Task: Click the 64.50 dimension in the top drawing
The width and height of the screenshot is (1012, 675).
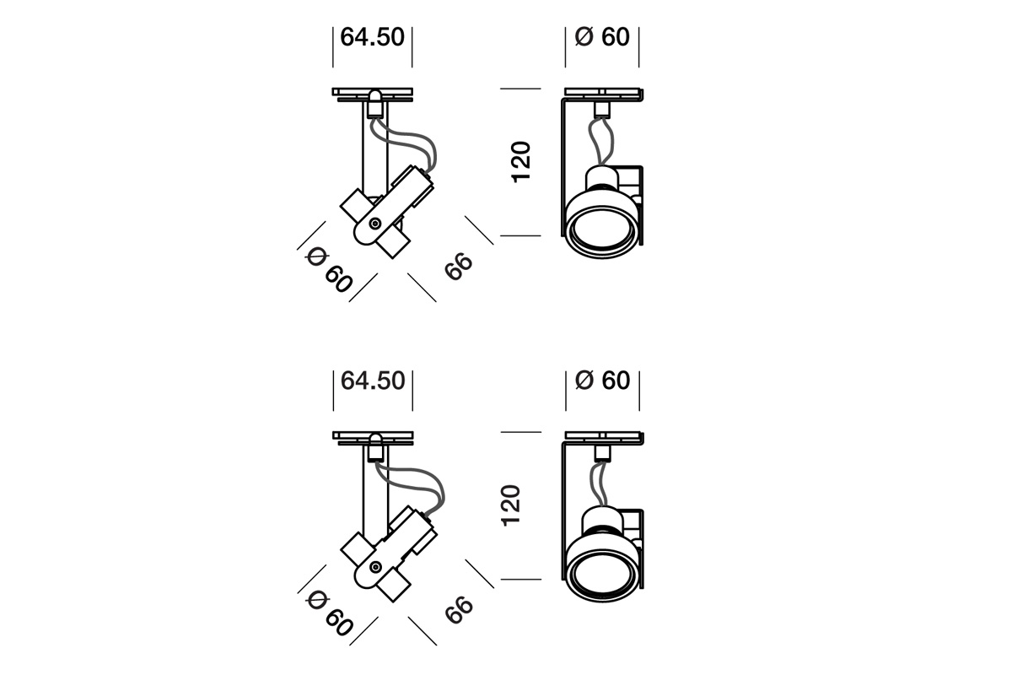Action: click(x=372, y=37)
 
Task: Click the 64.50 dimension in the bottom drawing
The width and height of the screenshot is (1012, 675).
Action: click(x=373, y=381)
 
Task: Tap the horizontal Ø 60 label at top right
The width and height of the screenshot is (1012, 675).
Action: click(x=602, y=36)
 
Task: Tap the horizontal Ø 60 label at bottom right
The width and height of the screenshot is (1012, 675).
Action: click(x=603, y=381)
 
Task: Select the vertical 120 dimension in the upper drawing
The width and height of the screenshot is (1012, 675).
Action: click(x=520, y=162)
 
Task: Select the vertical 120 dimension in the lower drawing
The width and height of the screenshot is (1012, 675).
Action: click(x=511, y=505)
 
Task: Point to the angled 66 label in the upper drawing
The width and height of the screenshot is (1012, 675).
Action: click(x=458, y=267)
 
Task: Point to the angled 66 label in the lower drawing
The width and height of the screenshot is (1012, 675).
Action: click(x=459, y=610)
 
